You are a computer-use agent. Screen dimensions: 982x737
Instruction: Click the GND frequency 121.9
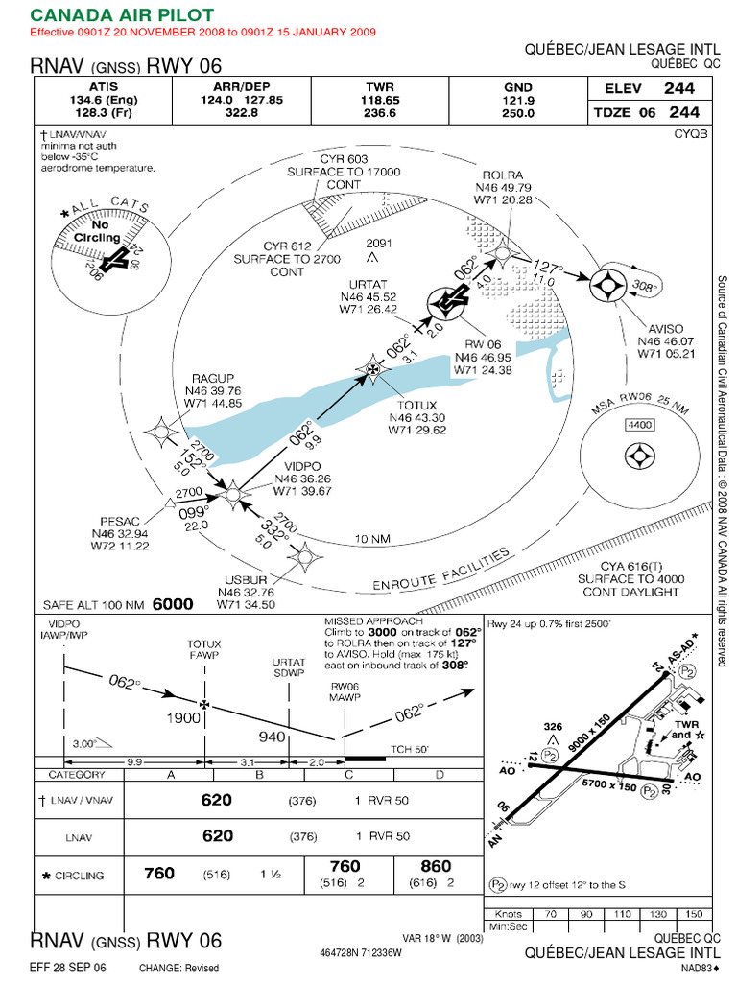(x=518, y=98)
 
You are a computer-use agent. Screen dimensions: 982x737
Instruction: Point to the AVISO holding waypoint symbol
(x=607, y=285)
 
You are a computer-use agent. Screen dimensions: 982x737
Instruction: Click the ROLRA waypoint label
(x=503, y=175)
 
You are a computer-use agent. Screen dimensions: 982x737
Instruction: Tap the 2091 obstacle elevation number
(x=379, y=243)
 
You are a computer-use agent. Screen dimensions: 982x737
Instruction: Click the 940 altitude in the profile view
(x=273, y=736)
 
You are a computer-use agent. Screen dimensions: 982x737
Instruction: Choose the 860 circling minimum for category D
(x=435, y=866)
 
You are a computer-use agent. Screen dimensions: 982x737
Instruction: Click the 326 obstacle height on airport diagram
(x=552, y=727)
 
